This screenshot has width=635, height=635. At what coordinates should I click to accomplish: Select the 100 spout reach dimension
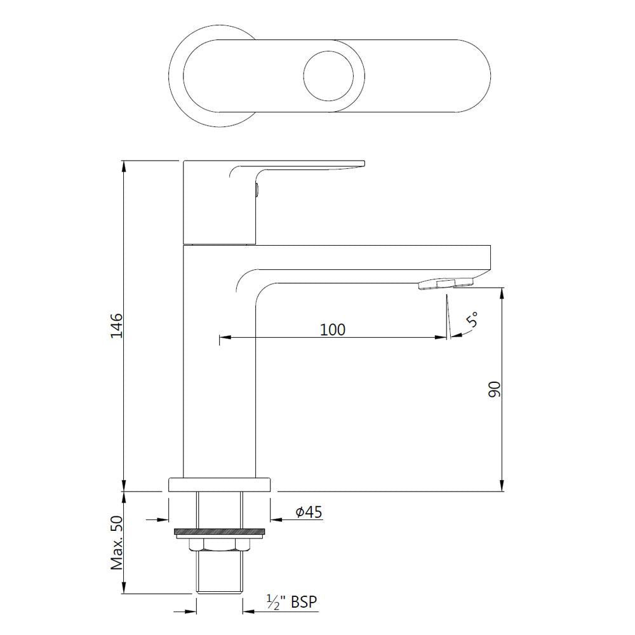coord(332,330)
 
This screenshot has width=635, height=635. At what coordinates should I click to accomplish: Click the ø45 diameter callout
coord(309,511)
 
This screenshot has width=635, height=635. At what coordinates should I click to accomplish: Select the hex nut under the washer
coord(219,544)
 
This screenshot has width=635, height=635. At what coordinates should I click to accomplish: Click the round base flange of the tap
coord(219,485)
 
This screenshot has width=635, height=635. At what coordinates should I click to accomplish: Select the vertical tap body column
coord(218,381)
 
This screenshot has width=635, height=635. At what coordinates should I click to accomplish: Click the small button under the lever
coord(257,189)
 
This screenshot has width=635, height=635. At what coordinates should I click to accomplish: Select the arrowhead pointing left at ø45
coord(276,519)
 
